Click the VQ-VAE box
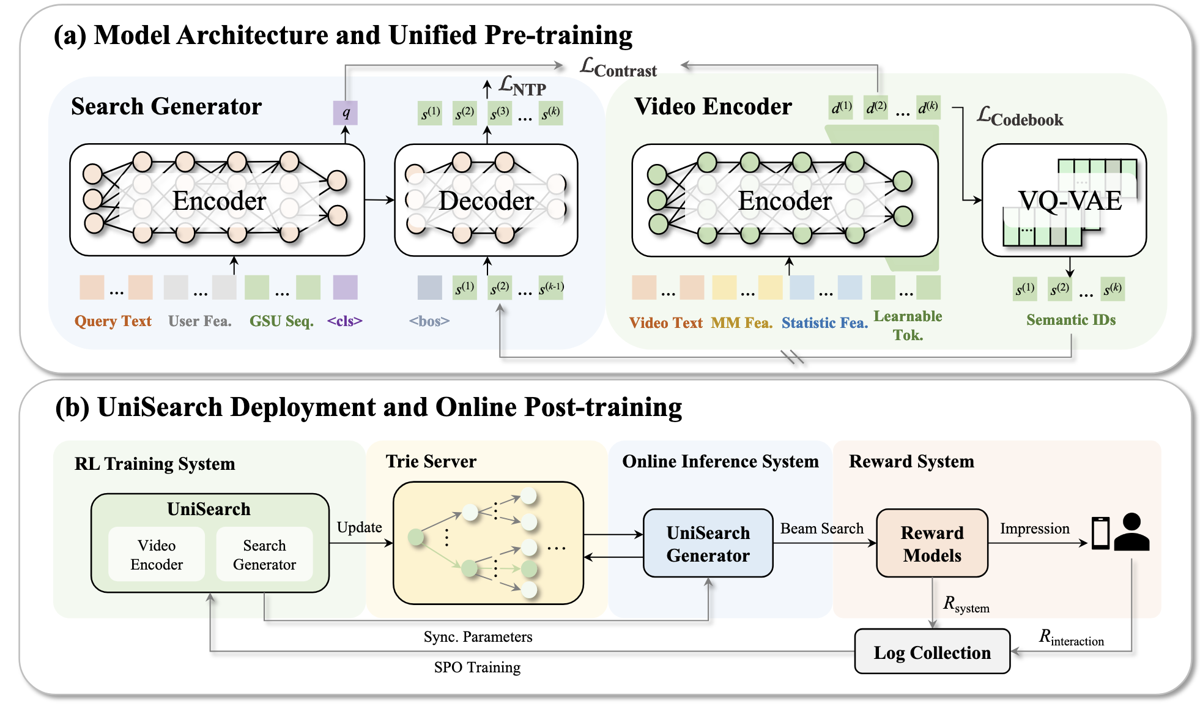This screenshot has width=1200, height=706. (1064, 200)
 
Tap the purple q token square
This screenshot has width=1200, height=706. (346, 113)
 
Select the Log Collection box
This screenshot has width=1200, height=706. (931, 652)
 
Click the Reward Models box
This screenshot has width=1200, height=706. (931, 543)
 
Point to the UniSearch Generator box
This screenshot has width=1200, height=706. (708, 543)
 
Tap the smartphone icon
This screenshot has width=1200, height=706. (1100, 533)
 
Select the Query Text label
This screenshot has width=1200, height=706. (113, 321)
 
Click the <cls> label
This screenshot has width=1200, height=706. (344, 321)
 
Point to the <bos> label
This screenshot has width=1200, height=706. (429, 321)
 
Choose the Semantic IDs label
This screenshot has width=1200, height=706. (1070, 320)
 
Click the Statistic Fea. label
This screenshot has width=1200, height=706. (824, 322)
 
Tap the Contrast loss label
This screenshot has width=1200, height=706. (618, 68)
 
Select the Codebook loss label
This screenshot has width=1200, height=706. (1020, 116)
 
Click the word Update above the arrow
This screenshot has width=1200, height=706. (359, 527)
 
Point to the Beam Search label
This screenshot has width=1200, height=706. (821, 529)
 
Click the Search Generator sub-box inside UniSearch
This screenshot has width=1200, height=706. (264, 554)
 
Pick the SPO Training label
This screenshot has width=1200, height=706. (477, 667)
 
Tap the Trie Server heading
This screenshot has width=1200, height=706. (431, 461)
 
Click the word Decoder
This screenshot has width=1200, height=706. (486, 201)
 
